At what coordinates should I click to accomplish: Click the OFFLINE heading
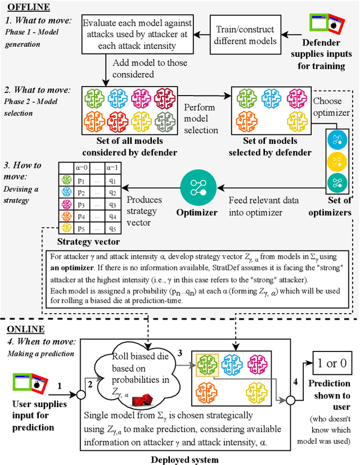28,7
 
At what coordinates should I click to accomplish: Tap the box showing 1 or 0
332,363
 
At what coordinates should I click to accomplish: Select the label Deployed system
184,459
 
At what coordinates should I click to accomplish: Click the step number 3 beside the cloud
180,353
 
